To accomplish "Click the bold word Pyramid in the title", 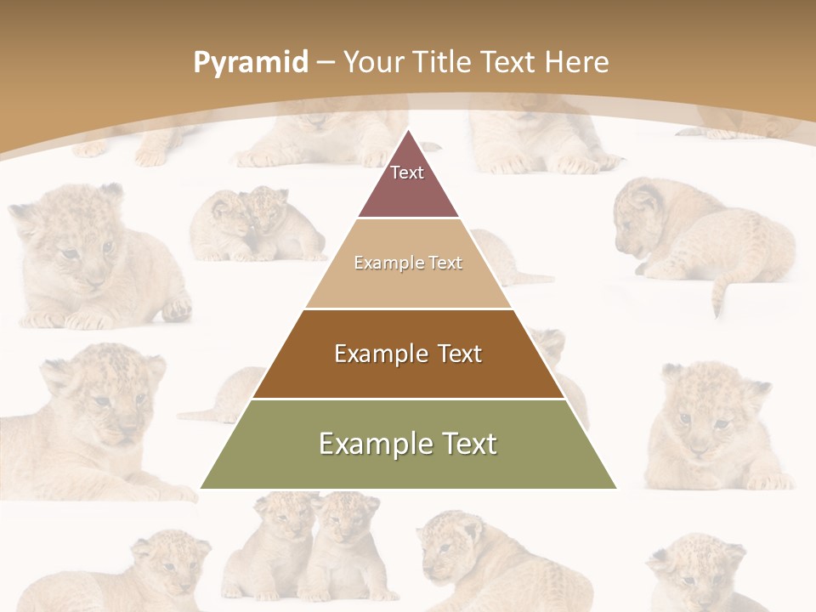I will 250,63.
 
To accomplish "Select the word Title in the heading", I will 442,62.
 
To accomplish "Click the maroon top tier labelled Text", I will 407,183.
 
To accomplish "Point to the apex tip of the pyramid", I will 408,131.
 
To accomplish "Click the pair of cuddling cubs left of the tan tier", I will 255,225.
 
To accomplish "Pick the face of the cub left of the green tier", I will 106,399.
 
